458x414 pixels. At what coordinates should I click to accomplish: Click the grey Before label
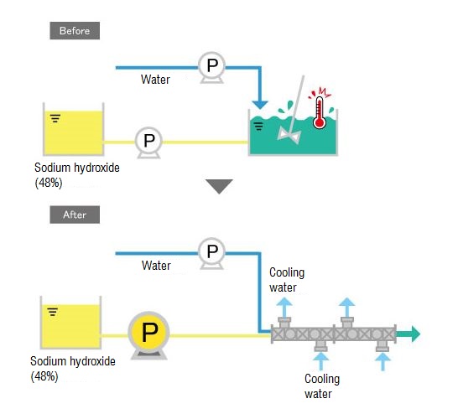point(75,31)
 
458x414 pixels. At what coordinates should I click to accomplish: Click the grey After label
point(75,215)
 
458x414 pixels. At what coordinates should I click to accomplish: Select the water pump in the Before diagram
point(211,67)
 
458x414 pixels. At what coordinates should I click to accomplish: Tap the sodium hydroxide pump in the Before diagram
point(148,142)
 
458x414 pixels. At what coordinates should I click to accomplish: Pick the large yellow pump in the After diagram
point(149,335)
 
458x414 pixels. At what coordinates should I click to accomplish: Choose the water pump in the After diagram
point(211,253)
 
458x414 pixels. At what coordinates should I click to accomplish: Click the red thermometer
point(320,112)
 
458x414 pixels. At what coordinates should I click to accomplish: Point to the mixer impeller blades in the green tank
point(289,135)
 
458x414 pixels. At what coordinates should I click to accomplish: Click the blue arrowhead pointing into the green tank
point(260,105)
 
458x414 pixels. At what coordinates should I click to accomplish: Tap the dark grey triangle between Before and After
point(219,186)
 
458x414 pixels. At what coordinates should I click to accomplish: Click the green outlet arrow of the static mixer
point(409,334)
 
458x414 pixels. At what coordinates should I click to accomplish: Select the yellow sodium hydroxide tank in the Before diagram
point(74,129)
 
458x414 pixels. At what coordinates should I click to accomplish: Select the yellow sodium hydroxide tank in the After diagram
point(71,323)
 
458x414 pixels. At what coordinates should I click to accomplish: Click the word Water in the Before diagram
point(155,80)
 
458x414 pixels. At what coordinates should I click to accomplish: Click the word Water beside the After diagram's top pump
point(156,266)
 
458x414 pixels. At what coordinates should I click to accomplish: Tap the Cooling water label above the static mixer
point(287,280)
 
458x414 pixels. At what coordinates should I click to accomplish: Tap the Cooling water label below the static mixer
point(322,386)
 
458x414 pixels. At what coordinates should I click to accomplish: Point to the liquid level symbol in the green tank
point(258,126)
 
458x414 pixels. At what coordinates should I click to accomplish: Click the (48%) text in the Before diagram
point(49,183)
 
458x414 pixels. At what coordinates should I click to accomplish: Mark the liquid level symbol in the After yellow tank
point(53,312)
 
